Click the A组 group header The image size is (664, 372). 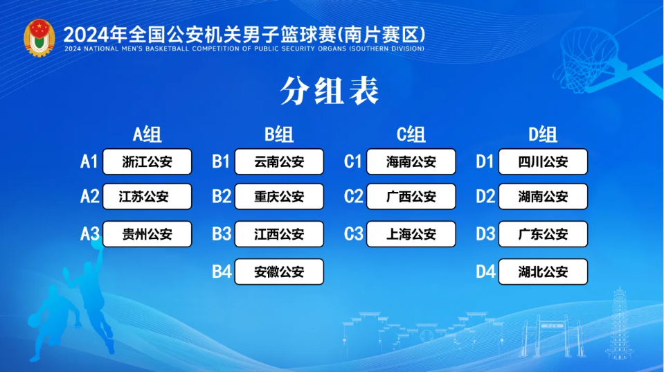(x=147, y=134)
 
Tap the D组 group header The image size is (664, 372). (x=543, y=134)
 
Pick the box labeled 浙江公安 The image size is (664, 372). (x=147, y=162)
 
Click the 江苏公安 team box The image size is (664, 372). (x=147, y=197)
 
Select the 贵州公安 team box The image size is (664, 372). (x=147, y=234)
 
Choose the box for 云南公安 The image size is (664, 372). (x=279, y=162)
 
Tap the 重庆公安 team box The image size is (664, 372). (x=279, y=197)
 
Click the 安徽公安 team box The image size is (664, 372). (x=279, y=272)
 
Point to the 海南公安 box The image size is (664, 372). (x=411, y=162)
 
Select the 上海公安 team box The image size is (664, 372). (x=411, y=234)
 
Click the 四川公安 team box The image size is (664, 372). (x=543, y=162)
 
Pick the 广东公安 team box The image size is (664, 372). (x=543, y=234)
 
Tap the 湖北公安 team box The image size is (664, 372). (x=543, y=272)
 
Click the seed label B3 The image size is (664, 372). (x=222, y=234)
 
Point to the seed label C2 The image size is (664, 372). (x=353, y=197)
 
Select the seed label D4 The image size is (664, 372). (x=485, y=272)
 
